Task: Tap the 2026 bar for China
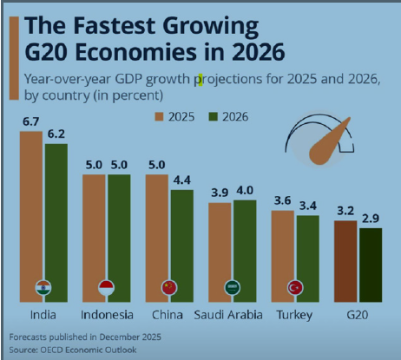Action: tap(181, 243)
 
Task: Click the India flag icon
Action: tap(43, 287)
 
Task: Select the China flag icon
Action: tap(169, 287)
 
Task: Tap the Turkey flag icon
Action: tap(294, 287)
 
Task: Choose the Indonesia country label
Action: tap(106, 313)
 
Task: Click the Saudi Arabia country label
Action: tap(232, 313)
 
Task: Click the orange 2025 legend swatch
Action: tap(161, 115)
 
